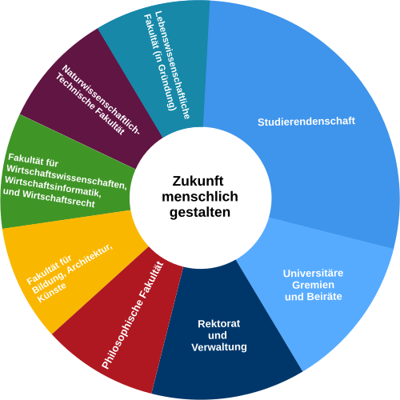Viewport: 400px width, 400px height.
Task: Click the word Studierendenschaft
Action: click(x=306, y=122)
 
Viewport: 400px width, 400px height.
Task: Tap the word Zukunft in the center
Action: click(x=198, y=181)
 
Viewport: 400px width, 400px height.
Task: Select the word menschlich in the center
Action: click(x=200, y=197)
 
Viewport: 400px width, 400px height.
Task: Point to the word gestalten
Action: click(x=200, y=213)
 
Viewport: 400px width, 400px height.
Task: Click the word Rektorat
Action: click(x=219, y=324)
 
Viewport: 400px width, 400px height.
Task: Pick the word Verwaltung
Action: click(x=219, y=347)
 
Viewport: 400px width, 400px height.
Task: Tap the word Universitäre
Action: click(x=313, y=274)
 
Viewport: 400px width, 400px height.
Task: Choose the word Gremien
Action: click(x=313, y=285)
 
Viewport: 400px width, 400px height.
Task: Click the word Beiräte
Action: click(x=324, y=297)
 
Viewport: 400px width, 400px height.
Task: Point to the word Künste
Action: click(x=52, y=293)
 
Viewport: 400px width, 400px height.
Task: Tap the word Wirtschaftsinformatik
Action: click(x=53, y=187)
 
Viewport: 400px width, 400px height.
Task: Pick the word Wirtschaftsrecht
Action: click(x=58, y=198)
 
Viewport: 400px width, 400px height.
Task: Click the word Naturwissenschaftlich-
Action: click(x=101, y=99)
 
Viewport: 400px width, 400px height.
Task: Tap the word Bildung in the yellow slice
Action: click(x=48, y=283)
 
